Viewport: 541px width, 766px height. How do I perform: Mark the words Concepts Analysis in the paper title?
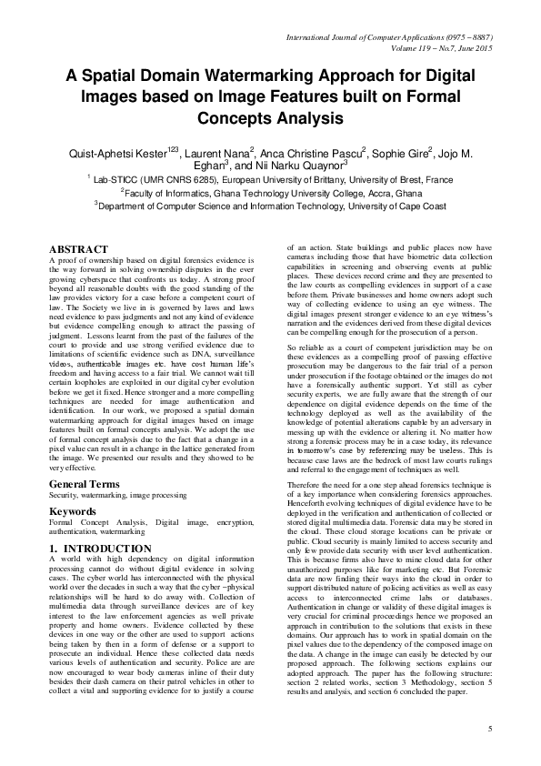pos(269,118)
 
